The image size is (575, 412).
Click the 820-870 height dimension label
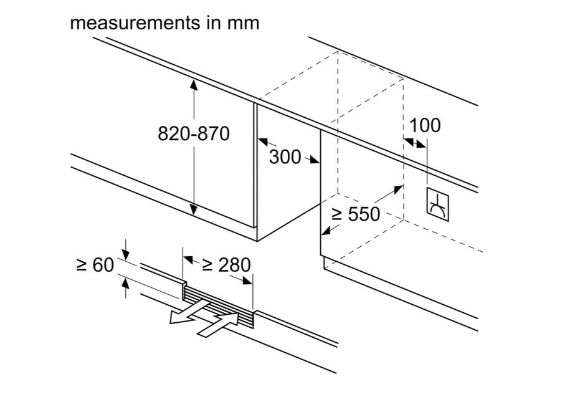(x=194, y=133)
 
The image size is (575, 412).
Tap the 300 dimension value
(x=285, y=156)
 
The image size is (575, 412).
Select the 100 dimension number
(x=425, y=125)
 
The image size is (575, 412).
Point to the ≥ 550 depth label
(x=355, y=214)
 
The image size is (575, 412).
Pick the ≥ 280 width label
(x=227, y=265)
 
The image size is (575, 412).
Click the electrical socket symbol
(x=439, y=204)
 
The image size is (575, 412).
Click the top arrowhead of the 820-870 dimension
(x=194, y=84)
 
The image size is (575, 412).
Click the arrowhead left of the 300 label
(x=262, y=142)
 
